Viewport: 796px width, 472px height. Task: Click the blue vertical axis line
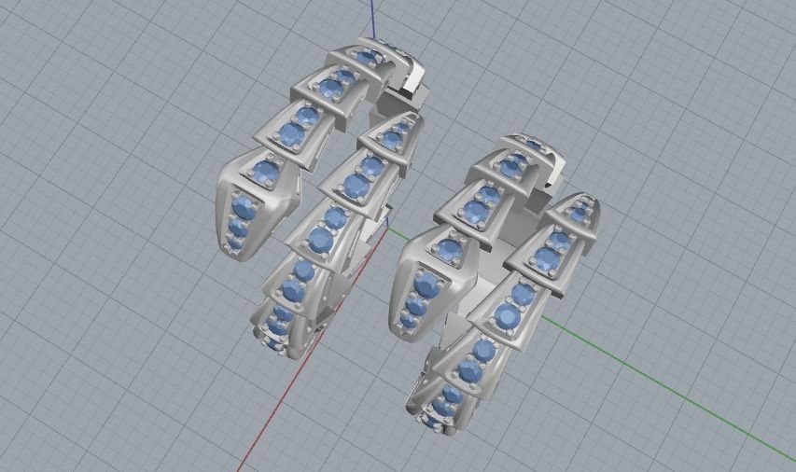click(x=373, y=19)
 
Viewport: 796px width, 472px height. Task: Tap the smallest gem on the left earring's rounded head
click(x=233, y=243)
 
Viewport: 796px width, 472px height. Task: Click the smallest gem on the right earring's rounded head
click(x=408, y=321)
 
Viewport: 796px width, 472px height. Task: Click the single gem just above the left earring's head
click(x=267, y=171)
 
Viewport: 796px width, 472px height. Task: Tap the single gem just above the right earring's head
click(x=451, y=248)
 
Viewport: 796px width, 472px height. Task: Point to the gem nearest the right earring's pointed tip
click(x=579, y=215)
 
